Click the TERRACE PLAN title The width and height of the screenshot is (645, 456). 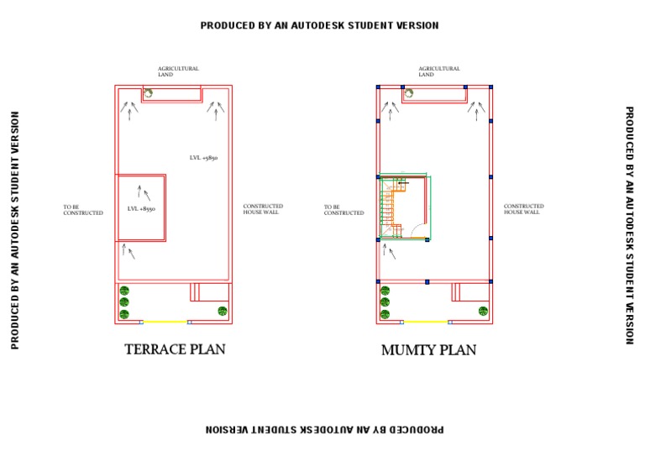[x=175, y=349]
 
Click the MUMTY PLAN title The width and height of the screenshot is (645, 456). [x=428, y=350]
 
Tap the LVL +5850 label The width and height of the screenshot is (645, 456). [x=203, y=158]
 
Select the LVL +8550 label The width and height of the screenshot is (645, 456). [x=141, y=208]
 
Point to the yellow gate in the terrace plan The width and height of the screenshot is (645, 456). [x=165, y=322]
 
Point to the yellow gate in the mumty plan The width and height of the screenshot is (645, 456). [x=426, y=322]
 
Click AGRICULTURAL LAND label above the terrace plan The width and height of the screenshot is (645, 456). [x=178, y=71]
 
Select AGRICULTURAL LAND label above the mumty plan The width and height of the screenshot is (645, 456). [x=438, y=71]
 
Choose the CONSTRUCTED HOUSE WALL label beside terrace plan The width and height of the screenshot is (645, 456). [x=263, y=209]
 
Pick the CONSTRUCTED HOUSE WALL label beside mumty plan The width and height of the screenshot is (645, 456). [x=523, y=209]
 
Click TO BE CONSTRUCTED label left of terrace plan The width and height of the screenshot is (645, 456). [x=83, y=210]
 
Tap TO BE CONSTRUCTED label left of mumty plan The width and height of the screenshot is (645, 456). [x=344, y=210]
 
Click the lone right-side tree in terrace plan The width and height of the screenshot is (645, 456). [x=223, y=311]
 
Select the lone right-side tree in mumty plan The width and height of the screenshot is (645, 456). [x=483, y=311]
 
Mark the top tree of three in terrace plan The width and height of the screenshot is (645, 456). [x=124, y=291]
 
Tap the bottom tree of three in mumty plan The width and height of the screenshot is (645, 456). [x=385, y=314]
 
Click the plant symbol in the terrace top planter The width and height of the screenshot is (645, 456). [x=148, y=94]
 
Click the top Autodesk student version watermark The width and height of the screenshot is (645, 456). [x=319, y=26]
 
